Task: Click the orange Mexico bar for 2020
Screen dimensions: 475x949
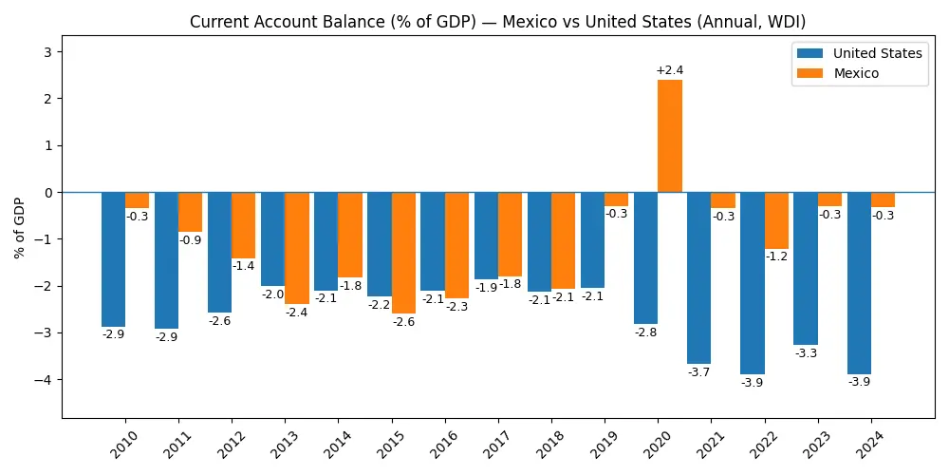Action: tap(669, 136)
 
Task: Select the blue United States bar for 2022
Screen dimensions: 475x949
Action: tap(753, 283)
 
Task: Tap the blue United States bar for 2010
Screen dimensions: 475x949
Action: tap(113, 259)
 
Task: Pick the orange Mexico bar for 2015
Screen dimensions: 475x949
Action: tap(403, 253)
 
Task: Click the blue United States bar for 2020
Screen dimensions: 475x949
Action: tap(645, 257)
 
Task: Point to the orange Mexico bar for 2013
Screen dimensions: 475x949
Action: tap(297, 248)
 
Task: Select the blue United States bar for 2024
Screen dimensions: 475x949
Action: tap(859, 283)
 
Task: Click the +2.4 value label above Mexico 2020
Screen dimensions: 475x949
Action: tap(669, 70)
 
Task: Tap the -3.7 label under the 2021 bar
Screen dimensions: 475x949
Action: tap(698, 372)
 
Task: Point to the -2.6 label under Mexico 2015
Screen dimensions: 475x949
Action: tap(403, 322)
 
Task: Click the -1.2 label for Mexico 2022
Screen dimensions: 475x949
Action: tap(776, 256)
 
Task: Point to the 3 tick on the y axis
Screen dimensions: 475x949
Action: tap(48, 51)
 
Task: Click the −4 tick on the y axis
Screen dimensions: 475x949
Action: tap(45, 380)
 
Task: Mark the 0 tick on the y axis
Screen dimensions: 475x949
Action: tap(48, 192)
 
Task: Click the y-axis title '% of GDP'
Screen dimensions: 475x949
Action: tap(20, 228)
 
